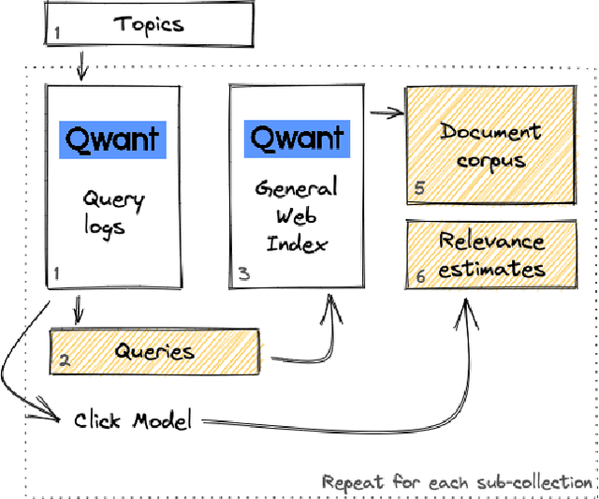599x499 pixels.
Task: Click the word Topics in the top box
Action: point(149,24)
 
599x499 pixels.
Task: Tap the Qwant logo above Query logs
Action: point(112,140)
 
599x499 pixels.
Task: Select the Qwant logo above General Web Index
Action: point(295,139)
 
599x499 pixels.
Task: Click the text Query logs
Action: point(112,212)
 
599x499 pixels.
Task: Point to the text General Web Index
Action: point(295,215)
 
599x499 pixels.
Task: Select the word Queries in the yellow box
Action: point(154,352)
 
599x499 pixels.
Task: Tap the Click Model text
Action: point(133,420)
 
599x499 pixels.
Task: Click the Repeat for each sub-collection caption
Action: point(457,482)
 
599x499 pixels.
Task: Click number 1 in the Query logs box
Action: point(57,273)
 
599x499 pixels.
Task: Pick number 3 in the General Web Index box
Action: point(242,273)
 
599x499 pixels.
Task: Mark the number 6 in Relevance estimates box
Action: point(418,276)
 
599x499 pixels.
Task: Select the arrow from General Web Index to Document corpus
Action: point(387,114)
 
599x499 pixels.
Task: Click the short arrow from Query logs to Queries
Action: point(79,307)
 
